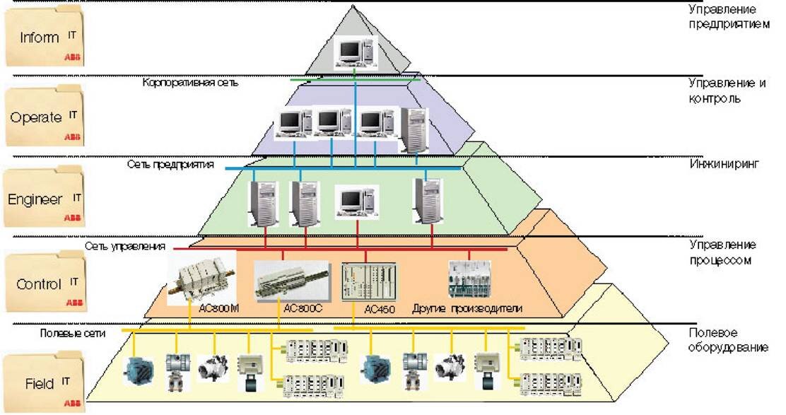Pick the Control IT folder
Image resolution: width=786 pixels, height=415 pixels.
click(44, 284)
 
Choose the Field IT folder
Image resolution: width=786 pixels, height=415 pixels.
click(44, 383)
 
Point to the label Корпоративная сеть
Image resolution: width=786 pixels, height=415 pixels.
click(191, 83)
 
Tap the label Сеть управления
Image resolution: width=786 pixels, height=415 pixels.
click(126, 247)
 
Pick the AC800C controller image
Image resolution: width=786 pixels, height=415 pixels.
click(291, 280)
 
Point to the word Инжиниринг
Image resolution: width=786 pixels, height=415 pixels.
click(724, 164)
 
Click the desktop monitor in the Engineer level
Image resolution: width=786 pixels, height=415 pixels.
click(354, 201)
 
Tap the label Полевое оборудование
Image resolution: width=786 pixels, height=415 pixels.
click(728, 340)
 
